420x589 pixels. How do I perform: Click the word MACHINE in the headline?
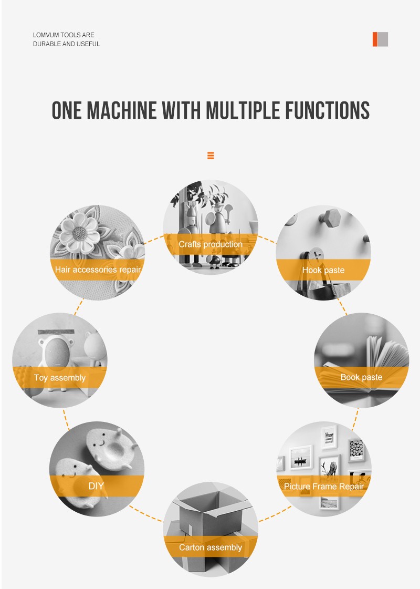121,110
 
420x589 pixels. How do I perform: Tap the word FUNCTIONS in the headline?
327,110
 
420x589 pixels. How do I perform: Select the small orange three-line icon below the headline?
211,155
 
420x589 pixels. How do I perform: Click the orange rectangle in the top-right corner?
375,39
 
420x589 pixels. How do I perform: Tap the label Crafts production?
211,244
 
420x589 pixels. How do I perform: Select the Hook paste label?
323,270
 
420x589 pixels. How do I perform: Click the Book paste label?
361,377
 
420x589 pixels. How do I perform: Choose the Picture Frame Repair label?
324,487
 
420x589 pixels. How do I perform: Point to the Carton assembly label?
211,547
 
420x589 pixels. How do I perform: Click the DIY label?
96,486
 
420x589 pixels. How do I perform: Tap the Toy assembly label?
60,377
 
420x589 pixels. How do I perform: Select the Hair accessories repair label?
98,270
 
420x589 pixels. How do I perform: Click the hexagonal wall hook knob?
330,218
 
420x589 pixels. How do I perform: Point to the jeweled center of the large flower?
80,233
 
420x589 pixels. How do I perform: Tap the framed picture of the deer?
330,466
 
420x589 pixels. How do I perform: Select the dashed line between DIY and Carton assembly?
146,513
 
